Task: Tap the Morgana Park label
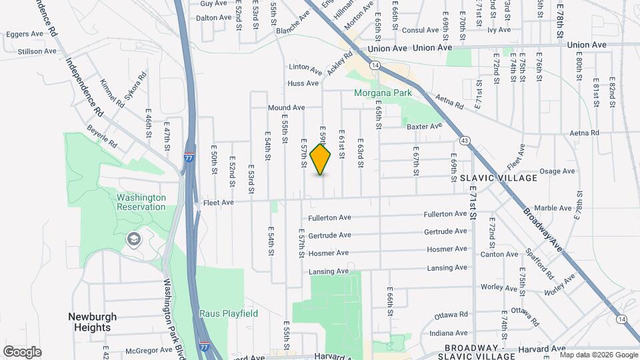(x=383, y=93)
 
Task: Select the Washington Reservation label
(x=141, y=202)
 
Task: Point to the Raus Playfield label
(x=228, y=313)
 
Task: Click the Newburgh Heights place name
(x=92, y=322)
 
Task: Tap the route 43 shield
(x=465, y=140)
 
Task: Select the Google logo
(x=22, y=352)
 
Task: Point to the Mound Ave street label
(x=286, y=108)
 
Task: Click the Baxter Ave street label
(x=424, y=126)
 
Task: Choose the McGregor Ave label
(x=148, y=350)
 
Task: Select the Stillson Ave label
(x=37, y=51)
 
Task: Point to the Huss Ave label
(x=303, y=83)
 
